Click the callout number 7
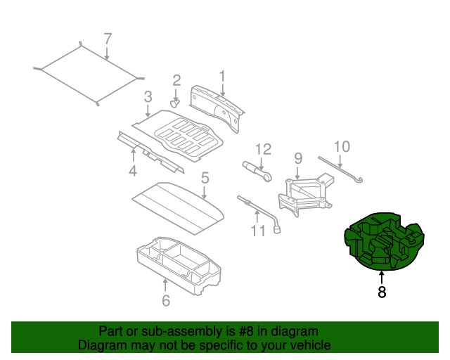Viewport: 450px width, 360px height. click(x=108, y=39)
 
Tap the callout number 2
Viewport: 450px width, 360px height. click(x=176, y=81)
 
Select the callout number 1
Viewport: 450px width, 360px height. click(x=221, y=75)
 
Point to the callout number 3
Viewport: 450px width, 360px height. click(x=148, y=96)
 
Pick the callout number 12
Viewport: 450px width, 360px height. click(x=263, y=148)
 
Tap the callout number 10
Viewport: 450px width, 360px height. click(x=341, y=146)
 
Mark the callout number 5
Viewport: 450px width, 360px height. click(x=205, y=179)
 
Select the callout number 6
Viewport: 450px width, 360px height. click(x=166, y=302)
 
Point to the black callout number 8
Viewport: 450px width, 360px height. click(x=382, y=292)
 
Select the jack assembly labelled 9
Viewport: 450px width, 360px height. click(x=307, y=192)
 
